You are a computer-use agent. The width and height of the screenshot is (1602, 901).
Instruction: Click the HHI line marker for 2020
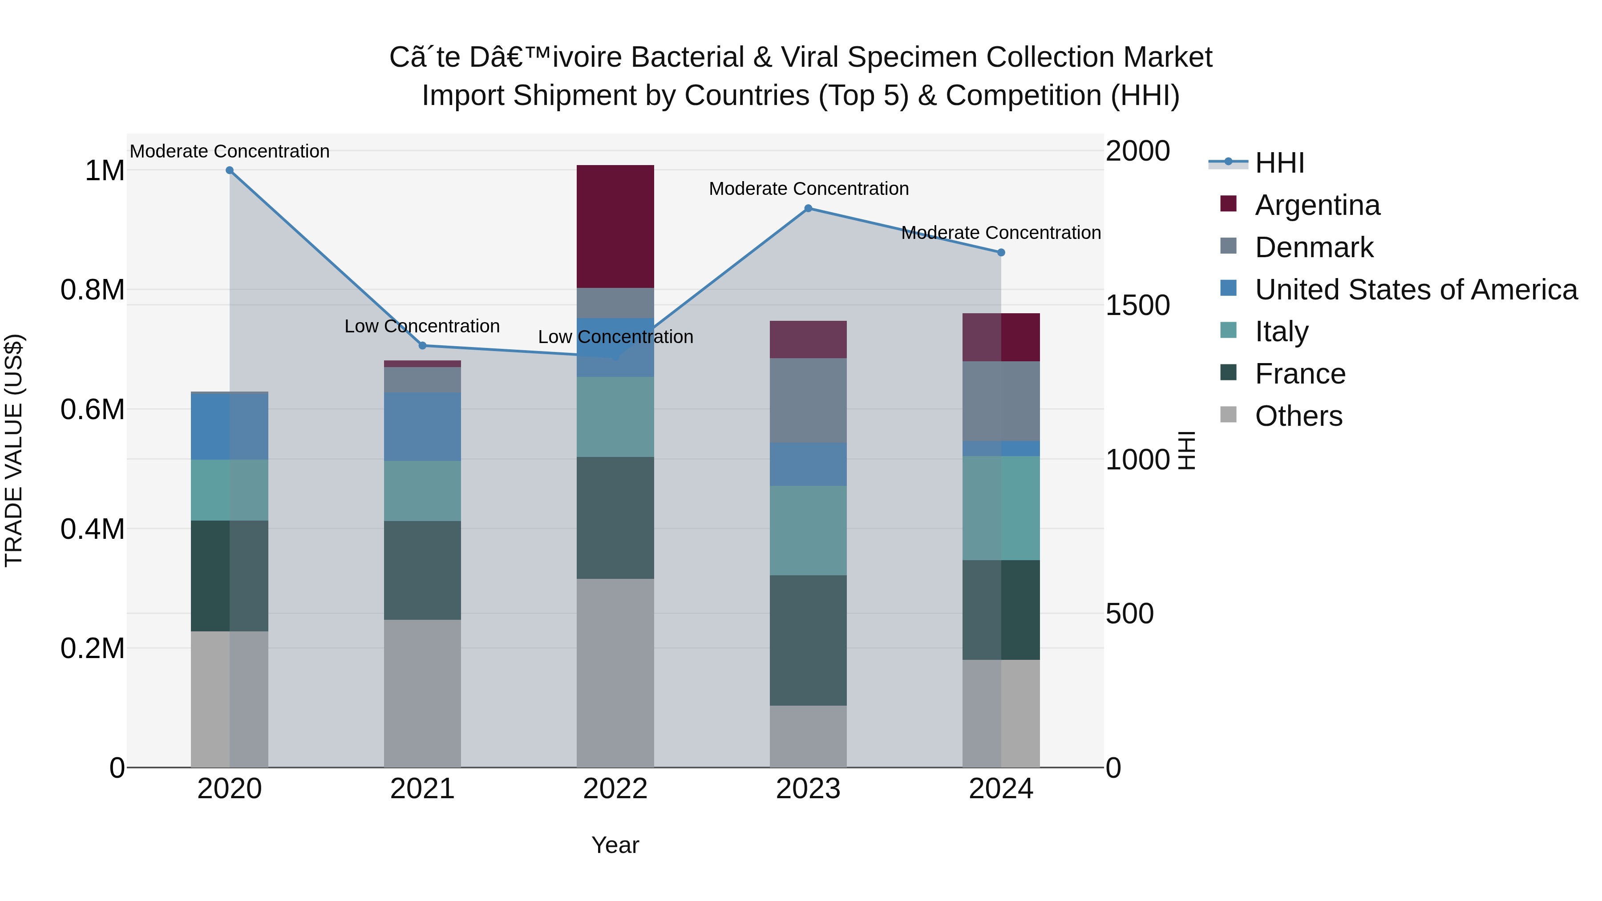click(x=230, y=170)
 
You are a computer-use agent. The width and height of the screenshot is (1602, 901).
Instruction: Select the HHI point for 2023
click(x=808, y=208)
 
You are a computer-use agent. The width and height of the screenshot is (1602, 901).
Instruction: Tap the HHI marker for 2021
click(x=422, y=346)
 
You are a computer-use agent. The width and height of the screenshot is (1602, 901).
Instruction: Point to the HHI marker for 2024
click(x=1001, y=252)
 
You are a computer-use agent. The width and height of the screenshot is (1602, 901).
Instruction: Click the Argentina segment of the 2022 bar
click(x=615, y=226)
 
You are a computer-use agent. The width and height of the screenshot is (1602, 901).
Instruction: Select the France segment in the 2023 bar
click(x=808, y=640)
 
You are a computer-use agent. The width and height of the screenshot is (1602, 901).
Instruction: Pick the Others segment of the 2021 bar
click(x=422, y=693)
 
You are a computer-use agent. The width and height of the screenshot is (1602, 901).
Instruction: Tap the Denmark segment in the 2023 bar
click(x=808, y=400)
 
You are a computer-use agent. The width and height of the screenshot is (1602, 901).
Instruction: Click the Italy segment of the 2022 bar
click(x=615, y=416)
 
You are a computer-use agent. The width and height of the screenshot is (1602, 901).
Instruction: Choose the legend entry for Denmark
click(x=1314, y=247)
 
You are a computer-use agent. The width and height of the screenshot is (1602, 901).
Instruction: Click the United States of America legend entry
click(x=1416, y=290)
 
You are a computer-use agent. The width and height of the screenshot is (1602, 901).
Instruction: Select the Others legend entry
click(x=1298, y=416)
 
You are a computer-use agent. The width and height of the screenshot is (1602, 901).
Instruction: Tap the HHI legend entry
click(x=1278, y=163)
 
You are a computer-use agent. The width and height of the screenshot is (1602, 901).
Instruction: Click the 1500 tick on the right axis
click(x=1137, y=305)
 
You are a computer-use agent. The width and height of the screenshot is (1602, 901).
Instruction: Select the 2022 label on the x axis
click(x=615, y=789)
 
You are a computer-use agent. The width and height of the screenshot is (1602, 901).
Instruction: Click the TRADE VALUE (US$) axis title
click(x=14, y=450)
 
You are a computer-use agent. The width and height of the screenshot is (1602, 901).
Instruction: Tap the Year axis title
click(x=615, y=845)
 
